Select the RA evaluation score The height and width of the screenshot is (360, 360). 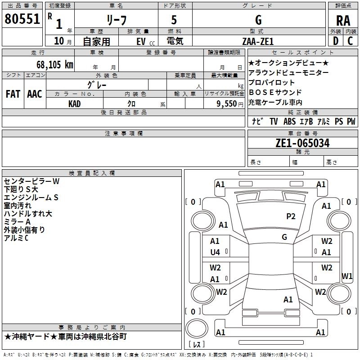[343, 20]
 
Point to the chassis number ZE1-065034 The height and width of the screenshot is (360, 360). [302, 144]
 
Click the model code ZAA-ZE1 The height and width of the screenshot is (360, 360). [259, 41]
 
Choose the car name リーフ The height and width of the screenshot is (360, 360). [116, 20]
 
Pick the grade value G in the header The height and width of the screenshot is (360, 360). [258, 20]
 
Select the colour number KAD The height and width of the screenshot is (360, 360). [75, 103]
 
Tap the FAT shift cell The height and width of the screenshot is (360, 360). [13, 94]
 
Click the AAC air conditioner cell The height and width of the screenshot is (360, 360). [35, 94]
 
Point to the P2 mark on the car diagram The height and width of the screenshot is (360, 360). [291, 216]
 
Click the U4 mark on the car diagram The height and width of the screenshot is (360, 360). [215, 252]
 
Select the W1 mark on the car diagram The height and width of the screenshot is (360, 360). [347, 276]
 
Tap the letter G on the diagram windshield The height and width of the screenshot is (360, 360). [284, 237]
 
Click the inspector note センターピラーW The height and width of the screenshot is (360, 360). [31, 181]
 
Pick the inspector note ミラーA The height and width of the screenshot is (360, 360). [17, 222]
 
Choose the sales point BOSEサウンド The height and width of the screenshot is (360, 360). [272, 93]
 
